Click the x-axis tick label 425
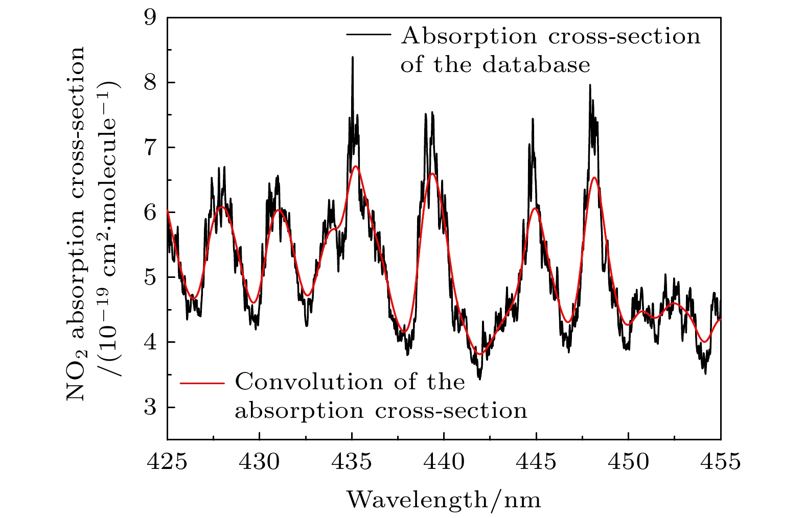pos(167,462)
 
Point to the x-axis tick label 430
pos(260,462)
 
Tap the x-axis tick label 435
pos(352,462)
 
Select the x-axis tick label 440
pos(444,462)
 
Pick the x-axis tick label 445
pos(536,462)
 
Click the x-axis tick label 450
pos(629,462)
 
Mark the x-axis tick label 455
pos(721,462)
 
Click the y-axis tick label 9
pos(152,18)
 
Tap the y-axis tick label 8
pos(152,83)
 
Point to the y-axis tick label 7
pos(152,148)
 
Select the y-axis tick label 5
pos(152,277)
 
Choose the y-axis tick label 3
pos(152,407)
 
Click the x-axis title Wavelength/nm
pos(444,499)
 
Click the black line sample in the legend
pos(369,34)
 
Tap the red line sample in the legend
pos(202,382)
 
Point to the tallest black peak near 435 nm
pos(352,58)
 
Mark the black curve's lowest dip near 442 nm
pos(479,379)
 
